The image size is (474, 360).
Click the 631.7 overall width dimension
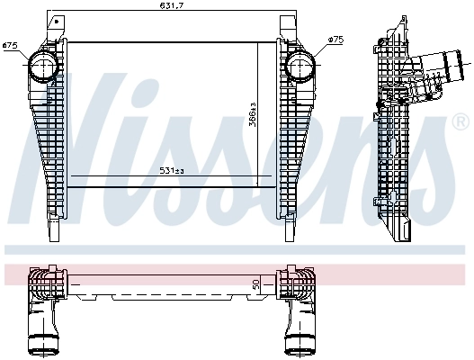pos(171,8)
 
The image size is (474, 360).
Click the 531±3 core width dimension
pos(170,169)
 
